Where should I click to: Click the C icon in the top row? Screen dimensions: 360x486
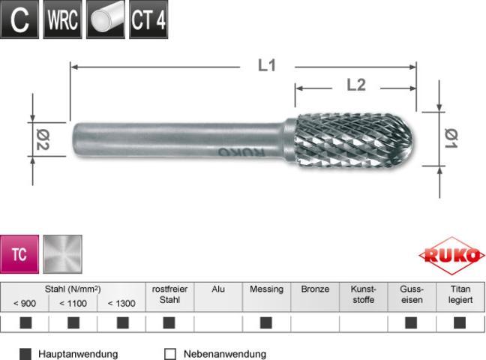pyautogui.click(x=20, y=20)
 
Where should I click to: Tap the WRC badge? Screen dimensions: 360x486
pyautogui.click(x=62, y=20)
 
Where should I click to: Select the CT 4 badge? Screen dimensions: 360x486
pyautogui.click(x=148, y=20)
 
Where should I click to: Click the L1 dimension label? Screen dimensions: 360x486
pyautogui.click(x=267, y=66)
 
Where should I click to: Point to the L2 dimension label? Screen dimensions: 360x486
pyautogui.click(x=355, y=85)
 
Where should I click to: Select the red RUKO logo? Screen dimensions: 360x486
pyautogui.click(x=452, y=256)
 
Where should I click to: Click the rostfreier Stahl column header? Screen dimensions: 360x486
pyautogui.click(x=169, y=295)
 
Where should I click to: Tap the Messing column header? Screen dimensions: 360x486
pyautogui.click(x=266, y=289)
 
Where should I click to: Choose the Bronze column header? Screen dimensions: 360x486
pyautogui.click(x=315, y=289)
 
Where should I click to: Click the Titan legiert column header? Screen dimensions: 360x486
pyautogui.click(x=460, y=295)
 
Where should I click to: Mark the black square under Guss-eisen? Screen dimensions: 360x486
pyautogui.click(x=411, y=323)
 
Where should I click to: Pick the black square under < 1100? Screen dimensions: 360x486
pyautogui.click(x=73, y=323)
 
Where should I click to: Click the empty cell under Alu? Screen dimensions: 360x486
pyautogui.click(x=217, y=323)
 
